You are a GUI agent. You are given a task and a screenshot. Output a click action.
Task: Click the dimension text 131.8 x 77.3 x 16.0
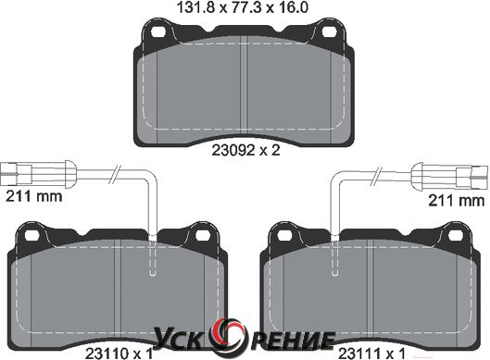243,7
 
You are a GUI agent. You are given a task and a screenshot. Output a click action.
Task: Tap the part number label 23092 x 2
245,151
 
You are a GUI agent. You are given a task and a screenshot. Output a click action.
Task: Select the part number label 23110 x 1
119,354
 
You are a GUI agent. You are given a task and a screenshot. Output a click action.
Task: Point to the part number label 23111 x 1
371,354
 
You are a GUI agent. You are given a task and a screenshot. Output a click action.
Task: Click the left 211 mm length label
34,196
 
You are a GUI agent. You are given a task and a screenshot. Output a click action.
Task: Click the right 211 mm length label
456,200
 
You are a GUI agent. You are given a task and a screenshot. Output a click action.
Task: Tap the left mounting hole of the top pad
157,31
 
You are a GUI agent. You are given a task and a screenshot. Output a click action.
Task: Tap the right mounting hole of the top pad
329,31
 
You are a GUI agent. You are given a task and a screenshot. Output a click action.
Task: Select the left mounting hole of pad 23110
31,235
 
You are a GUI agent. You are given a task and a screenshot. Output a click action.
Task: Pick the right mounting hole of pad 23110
201,235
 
